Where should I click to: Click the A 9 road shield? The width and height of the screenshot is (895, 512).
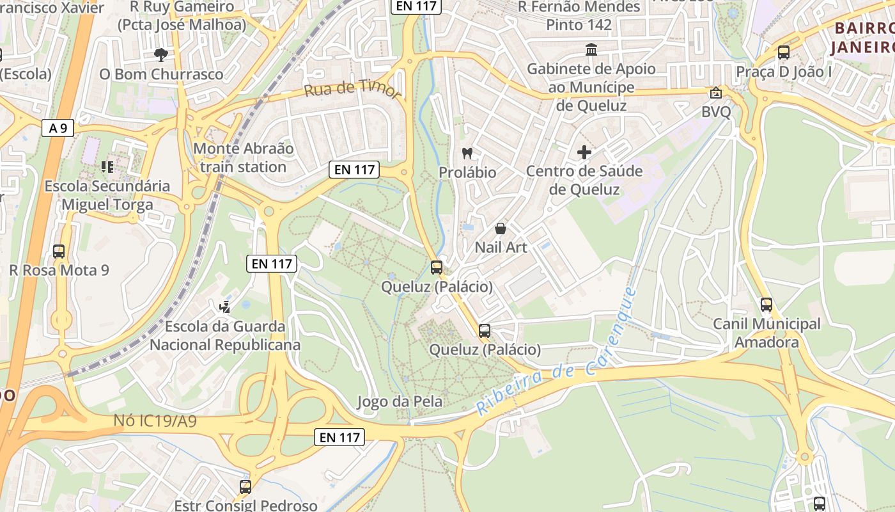[x=58, y=128]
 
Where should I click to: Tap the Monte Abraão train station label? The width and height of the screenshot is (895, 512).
[x=243, y=158]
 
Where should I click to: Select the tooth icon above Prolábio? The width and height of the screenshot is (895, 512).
[x=467, y=154]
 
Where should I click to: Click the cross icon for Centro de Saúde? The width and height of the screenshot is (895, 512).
[x=584, y=152]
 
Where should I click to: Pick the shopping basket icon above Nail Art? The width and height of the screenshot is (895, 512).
[x=501, y=228]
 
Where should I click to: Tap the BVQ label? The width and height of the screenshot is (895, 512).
[x=716, y=111]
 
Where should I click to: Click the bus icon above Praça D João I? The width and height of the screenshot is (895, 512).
[x=784, y=52]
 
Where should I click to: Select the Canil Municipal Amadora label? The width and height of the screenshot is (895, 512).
[x=767, y=333]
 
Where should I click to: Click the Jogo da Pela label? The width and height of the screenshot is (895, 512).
[x=400, y=402]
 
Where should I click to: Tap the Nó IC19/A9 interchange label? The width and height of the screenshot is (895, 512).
[x=155, y=421]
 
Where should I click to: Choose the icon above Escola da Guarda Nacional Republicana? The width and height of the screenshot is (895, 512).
[x=225, y=307]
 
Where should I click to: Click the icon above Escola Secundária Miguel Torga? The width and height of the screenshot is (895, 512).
[x=107, y=167]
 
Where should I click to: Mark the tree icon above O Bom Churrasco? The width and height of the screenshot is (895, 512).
[x=161, y=55]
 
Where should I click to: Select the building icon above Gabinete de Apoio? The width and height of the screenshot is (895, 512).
[x=591, y=50]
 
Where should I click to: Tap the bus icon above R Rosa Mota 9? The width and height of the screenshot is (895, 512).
[x=59, y=252]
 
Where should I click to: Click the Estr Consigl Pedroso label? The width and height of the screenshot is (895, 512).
[x=245, y=506]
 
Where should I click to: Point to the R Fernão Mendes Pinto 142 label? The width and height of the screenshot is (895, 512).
[x=579, y=16]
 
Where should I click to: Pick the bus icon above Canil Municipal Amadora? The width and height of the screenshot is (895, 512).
[x=767, y=305]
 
